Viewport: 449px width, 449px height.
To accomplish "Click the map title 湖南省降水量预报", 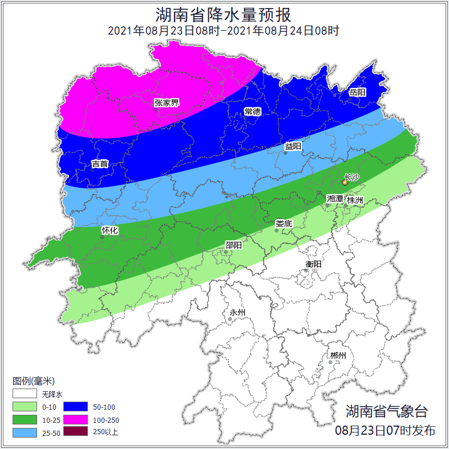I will pyautogui.click(x=224, y=14).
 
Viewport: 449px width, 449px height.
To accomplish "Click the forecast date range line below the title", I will pyautogui.click(x=224, y=31).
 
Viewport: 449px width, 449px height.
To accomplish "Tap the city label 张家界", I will pyautogui.click(x=167, y=103).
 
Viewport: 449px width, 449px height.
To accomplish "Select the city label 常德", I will pyautogui.click(x=252, y=111).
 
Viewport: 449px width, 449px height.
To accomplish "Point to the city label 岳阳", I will pyautogui.click(x=357, y=92).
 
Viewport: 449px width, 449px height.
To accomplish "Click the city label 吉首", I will pyautogui.click(x=100, y=164).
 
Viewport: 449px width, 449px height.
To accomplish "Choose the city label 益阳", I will pyautogui.click(x=293, y=146).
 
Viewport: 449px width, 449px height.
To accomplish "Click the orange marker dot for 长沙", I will pyautogui.click(x=345, y=183).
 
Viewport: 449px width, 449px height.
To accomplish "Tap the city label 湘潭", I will pyautogui.click(x=335, y=199).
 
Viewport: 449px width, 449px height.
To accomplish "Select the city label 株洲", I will pyautogui.click(x=355, y=200).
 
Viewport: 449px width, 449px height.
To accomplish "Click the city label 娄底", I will pyautogui.click(x=284, y=224).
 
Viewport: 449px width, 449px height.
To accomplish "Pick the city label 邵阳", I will pyautogui.click(x=233, y=245).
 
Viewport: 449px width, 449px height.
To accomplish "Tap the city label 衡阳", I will pyautogui.click(x=314, y=264).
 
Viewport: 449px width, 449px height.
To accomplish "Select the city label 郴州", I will pyautogui.click(x=338, y=355).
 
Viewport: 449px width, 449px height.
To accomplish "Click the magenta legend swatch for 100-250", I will pyautogui.click(x=75, y=419).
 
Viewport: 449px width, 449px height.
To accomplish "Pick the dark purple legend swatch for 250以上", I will pyautogui.click(x=75, y=432).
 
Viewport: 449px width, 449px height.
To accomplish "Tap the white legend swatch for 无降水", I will pyautogui.click(x=25, y=394).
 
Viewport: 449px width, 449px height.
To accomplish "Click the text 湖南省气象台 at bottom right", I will pyautogui.click(x=386, y=411).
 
